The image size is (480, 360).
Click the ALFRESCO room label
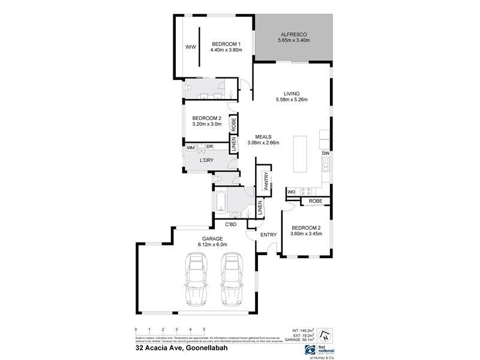(293, 34)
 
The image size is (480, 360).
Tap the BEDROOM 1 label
(226, 44)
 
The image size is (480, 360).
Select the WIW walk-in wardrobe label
(191, 47)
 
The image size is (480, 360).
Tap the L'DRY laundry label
(207, 160)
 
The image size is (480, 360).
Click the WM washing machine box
(190, 147)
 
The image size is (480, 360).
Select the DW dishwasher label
(326, 154)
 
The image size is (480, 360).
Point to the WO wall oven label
(291, 192)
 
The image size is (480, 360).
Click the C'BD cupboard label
(231, 224)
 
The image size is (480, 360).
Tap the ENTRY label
(268, 234)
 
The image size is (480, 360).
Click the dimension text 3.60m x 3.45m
(307, 234)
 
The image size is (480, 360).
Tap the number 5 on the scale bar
(204, 329)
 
